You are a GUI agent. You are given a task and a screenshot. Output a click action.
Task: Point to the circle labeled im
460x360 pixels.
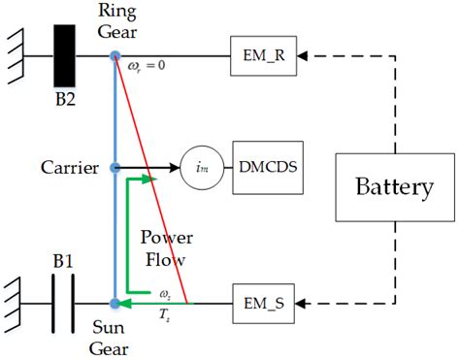(x=201, y=167)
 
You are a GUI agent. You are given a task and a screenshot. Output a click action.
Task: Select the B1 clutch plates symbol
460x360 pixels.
(x=63, y=304)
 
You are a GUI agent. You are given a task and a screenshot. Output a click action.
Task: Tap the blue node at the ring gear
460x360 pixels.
(x=115, y=55)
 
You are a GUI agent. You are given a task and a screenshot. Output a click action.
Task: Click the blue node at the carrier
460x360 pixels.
(x=115, y=167)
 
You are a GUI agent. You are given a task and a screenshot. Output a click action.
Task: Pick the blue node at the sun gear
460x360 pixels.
(x=115, y=304)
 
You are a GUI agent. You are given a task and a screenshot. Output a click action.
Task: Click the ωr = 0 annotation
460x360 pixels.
(x=147, y=67)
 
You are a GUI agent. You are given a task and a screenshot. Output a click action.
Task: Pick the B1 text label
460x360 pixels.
(x=63, y=261)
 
